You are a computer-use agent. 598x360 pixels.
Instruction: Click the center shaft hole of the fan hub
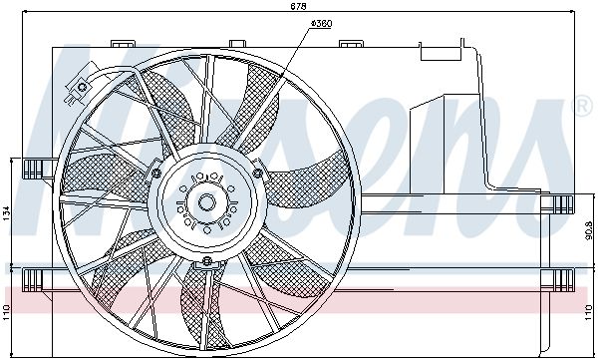[x=207, y=202]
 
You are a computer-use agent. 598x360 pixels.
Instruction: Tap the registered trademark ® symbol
[x=583, y=103]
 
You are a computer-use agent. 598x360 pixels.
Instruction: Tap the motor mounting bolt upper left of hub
[x=156, y=174]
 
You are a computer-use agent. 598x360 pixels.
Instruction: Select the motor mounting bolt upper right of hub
[x=258, y=174]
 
